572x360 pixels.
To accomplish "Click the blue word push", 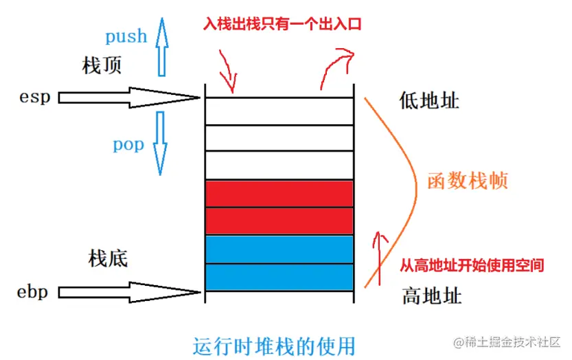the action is (x=126, y=36).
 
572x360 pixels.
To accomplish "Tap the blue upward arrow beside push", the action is (x=162, y=47).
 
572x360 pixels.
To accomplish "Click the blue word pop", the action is (x=128, y=144).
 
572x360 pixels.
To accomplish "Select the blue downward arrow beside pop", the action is (x=160, y=143).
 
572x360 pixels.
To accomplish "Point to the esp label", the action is (x=34, y=98).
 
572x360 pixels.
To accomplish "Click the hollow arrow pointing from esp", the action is (x=129, y=98).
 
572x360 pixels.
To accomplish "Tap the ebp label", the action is (x=32, y=292).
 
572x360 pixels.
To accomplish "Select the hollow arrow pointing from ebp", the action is (x=129, y=292).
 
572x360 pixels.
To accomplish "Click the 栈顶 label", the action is (x=102, y=66).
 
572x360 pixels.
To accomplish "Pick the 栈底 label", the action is (x=108, y=258).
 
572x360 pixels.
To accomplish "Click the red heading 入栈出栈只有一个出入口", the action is (x=282, y=24).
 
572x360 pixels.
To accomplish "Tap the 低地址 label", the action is (x=429, y=100).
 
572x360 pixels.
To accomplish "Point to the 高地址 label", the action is (x=432, y=295).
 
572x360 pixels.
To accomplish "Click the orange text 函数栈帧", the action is (x=468, y=181).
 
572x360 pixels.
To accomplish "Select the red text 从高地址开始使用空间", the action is (x=472, y=265).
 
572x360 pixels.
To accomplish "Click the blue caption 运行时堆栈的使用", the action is (x=274, y=346).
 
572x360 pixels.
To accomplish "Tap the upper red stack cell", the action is (x=279, y=194).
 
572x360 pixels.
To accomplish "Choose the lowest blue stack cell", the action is (x=279, y=277).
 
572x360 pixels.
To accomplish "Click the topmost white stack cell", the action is (x=279, y=111).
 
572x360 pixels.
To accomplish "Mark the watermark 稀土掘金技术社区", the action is (x=507, y=342).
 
